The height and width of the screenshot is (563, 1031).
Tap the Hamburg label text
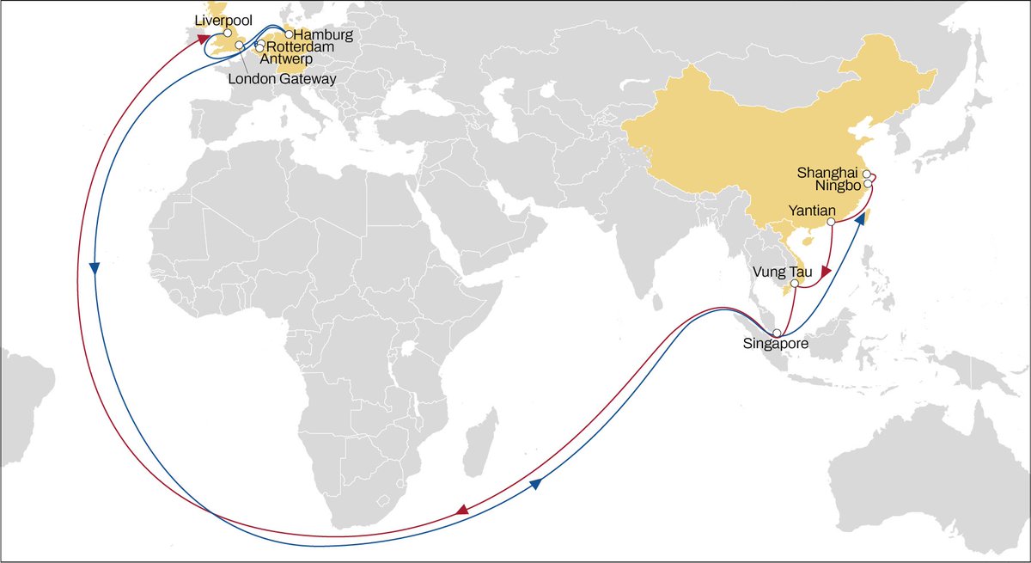(323, 34)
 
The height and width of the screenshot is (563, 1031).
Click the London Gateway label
(282, 79)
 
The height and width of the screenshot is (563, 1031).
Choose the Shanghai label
(829, 172)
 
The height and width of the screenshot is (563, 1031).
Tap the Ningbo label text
(838, 186)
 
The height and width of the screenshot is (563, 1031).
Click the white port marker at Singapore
(777, 333)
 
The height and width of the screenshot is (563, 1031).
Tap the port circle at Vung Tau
(796, 283)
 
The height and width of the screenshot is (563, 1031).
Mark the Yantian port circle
(831, 223)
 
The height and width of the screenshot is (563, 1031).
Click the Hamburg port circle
(289, 34)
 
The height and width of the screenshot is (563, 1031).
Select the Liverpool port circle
(228, 33)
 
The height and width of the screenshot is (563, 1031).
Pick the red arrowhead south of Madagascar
(462, 511)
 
